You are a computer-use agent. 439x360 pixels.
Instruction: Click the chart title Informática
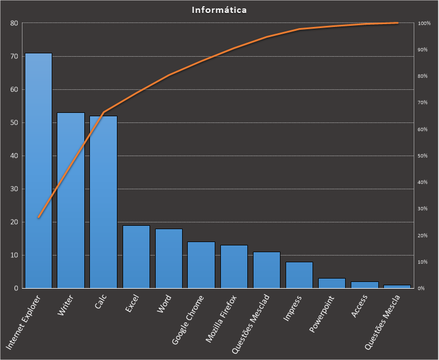219,10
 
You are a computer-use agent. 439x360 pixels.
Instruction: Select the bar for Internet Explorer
38,171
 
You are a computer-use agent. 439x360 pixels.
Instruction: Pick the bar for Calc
103,202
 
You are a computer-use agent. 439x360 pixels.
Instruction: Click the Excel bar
136,257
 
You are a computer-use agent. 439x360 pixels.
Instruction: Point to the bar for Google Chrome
201,265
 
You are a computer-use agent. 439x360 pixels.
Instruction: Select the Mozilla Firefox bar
234,267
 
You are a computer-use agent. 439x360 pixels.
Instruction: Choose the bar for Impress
299,275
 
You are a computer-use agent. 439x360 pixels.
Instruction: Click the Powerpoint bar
332,283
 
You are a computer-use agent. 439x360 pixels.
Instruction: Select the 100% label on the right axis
424,24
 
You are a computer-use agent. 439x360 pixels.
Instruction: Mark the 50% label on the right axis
423,156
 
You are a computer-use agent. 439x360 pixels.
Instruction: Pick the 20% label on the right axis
423,236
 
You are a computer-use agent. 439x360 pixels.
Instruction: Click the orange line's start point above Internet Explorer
38,217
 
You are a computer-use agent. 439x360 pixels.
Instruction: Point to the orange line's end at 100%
397,23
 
